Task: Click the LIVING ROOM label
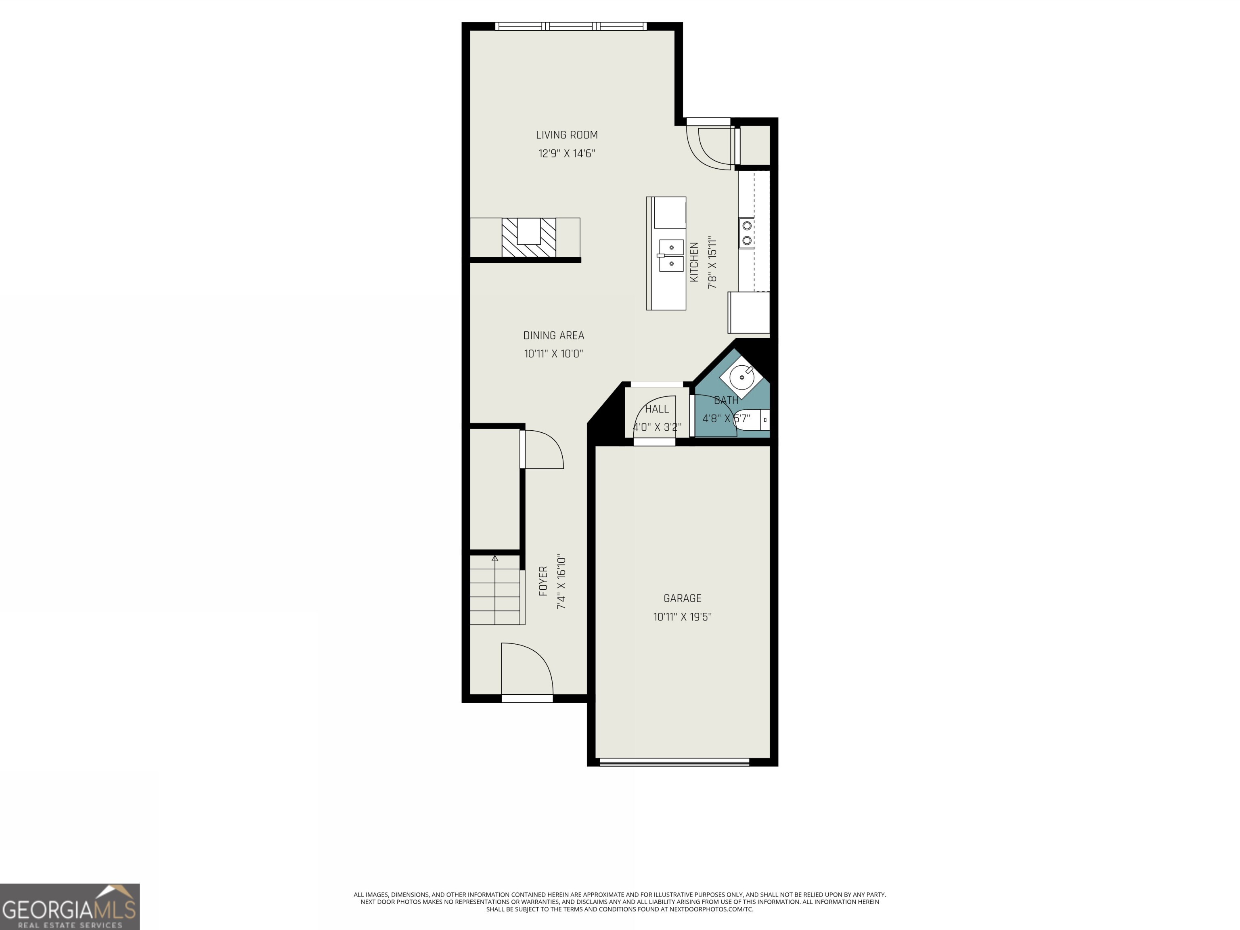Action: coord(567,135)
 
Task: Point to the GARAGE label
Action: coord(682,599)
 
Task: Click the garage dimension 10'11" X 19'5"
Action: coord(682,617)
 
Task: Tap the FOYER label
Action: coord(542,581)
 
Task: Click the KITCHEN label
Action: coord(694,262)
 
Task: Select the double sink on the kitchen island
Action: coord(671,256)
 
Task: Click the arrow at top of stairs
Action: coord(494,558)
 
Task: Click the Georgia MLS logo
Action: coord(69,907)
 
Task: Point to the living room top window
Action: coord(571,26)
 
